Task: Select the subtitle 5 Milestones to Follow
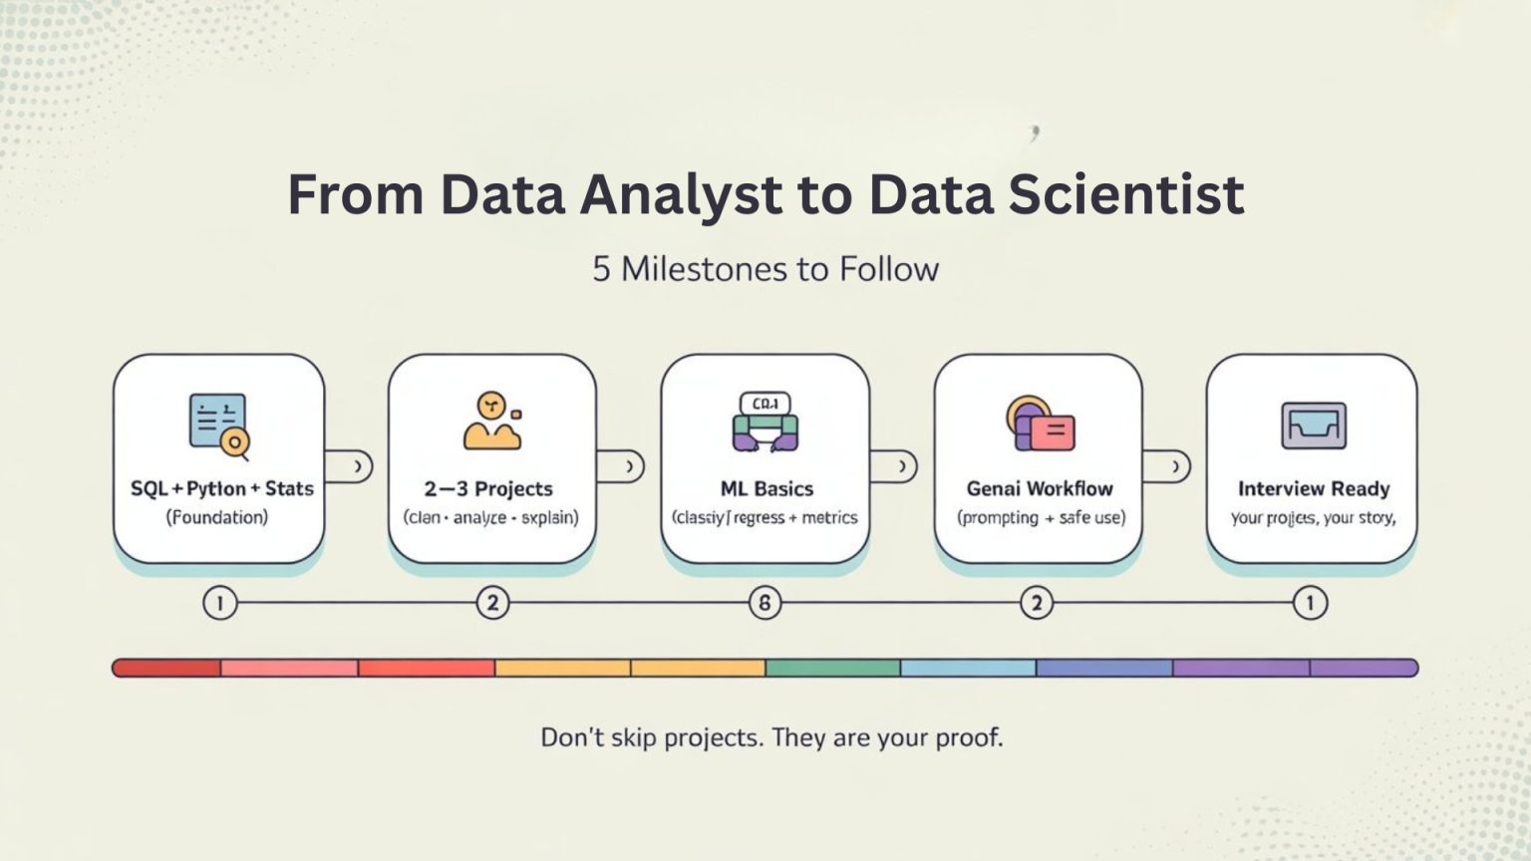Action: coord(765,269)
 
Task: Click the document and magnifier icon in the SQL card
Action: coord(219,426)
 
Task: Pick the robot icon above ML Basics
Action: coord(765,422)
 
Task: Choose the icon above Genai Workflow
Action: coord(1040,424)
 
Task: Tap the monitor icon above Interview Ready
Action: coord(1313,426)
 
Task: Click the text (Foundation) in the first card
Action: coord(217,517)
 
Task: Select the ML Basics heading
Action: coord(766,488)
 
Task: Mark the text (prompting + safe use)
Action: coord(1041,518)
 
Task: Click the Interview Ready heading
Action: coord(1313,488)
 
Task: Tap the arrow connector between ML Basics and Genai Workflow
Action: coord(894,466)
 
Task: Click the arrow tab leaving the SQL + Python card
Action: coord(350,466)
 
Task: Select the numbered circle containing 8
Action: coord(765,603)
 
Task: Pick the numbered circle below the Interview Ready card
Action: coord(1310,603)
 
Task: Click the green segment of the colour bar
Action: coord(833,668)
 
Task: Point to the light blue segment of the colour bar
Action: coord(968,668)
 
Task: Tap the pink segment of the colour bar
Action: coord(289,668)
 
